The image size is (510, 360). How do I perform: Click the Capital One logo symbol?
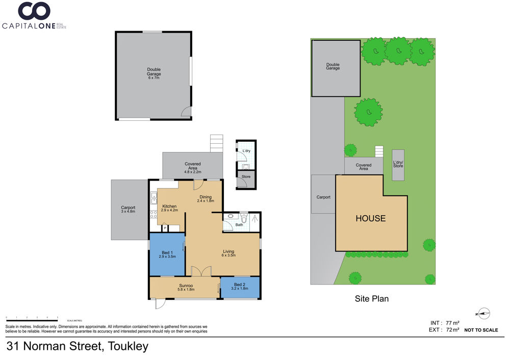pyautogui.click(x=34, y=11)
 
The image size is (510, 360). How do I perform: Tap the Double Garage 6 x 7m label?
pyautogui.click(x=154, y=73)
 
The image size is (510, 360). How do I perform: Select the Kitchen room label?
pyautogui.click(x=169, y=208)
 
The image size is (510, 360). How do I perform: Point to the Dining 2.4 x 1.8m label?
pyautogui.click(x=206, y=199)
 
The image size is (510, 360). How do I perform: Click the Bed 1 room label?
pyautogui.click(x=167, y=254)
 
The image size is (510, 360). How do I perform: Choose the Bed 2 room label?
pyautogui.click(x=240, y=286)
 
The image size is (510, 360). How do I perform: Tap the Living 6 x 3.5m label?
pyautogui.click(x=228, y=253)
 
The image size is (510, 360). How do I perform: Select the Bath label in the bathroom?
pyautogui.click(x=239, y=225)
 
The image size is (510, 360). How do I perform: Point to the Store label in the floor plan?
pyautogui.click(x=246, y=176)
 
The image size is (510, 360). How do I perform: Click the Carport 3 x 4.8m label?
pyautogui.click(x=128, y=209)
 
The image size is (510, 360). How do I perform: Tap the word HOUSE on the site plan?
pyautogui.click(x=370, y=218)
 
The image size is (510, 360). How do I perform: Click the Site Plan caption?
pyautogui.click(x=371, y=298)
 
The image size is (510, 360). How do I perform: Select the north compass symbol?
pyautogui.click(x=483, y=314)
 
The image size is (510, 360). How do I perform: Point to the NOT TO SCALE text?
pyautogui.click(x=481, y=330)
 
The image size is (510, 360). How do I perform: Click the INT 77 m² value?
pyautogui.click(x=445, y=323)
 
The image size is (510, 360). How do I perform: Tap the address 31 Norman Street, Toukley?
pyautogui.click(x=78, y=346)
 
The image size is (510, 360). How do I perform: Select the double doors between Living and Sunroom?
pyautogui.click(x=201, y=272)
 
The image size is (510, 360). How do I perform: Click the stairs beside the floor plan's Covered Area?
pyautogui.click(x=217, y=143)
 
